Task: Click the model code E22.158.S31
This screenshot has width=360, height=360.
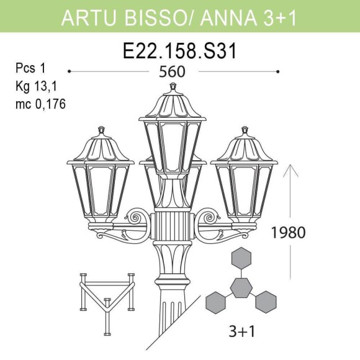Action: coord(180,51)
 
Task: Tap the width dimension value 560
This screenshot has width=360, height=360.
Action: coord(173,71)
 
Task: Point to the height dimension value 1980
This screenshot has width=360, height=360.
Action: coord(289,233)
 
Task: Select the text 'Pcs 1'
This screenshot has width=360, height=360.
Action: coord(30,68)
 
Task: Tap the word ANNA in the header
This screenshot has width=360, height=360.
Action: coord(233,19)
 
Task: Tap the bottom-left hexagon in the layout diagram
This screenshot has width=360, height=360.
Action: coord(215,302)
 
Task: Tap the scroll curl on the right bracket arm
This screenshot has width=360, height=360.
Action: coord(209,218)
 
